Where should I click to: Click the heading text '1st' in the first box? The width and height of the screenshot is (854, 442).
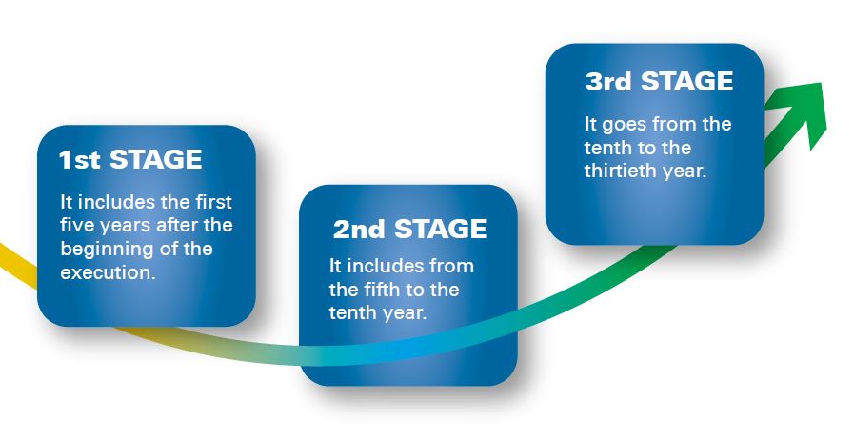point(80,160)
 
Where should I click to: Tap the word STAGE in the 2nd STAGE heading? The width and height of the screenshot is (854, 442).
point(440,229)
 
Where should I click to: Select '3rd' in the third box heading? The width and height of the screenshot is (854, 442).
point(607,82)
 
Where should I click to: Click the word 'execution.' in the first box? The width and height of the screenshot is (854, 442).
point(108,271)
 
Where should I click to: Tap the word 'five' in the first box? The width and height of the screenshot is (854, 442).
point(76,225)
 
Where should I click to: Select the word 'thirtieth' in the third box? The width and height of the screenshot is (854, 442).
point(621,171)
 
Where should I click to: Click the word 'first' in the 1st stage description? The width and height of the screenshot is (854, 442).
point(213,202)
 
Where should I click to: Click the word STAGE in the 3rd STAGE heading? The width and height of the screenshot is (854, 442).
point(686,82)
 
